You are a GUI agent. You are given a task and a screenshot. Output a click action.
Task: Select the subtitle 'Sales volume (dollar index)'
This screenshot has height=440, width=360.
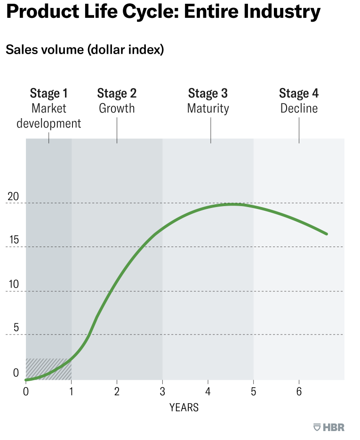click(x=85, y=50)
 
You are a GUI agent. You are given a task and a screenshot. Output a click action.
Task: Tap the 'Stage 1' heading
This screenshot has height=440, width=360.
click(x=48, y=93)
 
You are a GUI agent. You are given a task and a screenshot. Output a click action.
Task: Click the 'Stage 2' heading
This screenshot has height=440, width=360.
click(x=117, y=93)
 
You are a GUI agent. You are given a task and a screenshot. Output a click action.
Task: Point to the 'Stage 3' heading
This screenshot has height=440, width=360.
click(x=208, y=93)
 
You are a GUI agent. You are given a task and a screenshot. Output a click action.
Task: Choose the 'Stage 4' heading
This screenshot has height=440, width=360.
click(x=299, y=93)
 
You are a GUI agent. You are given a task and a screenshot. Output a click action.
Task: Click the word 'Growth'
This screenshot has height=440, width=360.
click(x=117, y=108)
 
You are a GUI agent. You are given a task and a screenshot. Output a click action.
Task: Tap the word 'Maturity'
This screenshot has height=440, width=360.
click(x=208, y=108)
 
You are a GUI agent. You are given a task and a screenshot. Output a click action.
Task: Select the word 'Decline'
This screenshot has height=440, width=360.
click(x=299, y=108)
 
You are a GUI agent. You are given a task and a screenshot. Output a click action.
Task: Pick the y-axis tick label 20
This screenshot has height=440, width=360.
click(x=13, y=197)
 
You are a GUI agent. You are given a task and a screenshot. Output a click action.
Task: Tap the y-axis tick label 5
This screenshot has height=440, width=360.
click(x=16, y=328)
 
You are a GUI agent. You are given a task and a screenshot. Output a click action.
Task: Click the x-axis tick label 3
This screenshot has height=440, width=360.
click(x=162, y=392)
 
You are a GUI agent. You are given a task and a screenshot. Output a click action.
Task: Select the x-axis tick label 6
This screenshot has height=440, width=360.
click(x=299, y=392)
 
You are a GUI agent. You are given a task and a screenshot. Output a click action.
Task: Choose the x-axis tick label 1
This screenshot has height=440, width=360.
click(x=72, y=392)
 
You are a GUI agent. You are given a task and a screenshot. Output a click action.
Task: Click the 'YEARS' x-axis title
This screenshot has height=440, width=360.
click(x=184, y=408)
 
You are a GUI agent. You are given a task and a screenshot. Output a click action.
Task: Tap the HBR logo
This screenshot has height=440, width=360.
click(x=329, y=427)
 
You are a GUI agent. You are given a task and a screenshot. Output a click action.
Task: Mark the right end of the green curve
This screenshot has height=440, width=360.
click(x=326, y=234)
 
